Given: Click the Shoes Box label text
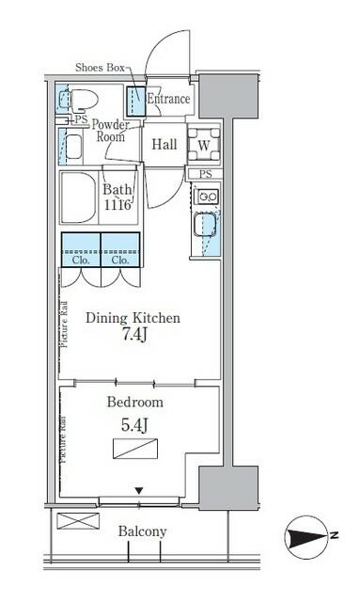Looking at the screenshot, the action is click(x=100, y=68).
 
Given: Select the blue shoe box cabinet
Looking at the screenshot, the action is click(x=136, y=102).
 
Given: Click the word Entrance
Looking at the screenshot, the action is click(x=168, y=99).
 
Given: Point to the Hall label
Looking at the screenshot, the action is click(x=164, y=144).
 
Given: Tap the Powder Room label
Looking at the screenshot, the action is click(x=111, y=131).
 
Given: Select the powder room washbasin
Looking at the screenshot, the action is click(x=74, y=147).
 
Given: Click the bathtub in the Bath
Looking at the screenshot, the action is click(x=78, y=198).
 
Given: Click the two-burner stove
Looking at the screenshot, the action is click(x=207, y=197).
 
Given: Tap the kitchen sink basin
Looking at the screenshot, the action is click(x=205, y=224).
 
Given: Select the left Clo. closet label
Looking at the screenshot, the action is click(x=81, y=260).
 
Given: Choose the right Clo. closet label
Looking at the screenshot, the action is click(x=120, y=260).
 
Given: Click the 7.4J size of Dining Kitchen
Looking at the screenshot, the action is click(x=134, y=335).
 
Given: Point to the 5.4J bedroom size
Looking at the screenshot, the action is click(x=134, y=425).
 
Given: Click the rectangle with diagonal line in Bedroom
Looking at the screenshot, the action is click(x=135, y=449).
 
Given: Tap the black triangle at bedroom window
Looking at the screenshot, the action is click(x=139, y=491).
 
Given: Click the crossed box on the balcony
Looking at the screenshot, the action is click(x=78, y=521).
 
